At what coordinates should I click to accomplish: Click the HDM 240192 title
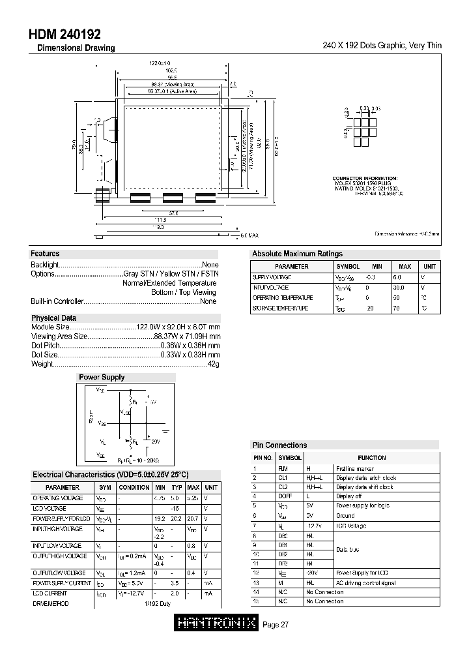coord(64,35)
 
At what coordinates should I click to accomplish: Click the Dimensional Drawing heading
coord(76,48)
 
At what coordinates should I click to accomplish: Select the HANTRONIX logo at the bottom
coord(217,623)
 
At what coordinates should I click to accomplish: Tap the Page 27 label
coord(276,625)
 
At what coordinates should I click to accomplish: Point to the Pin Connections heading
coord(279,445)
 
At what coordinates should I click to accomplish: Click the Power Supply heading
coord(102,377)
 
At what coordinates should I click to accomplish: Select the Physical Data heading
coord(54,318)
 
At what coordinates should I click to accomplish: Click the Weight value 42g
coord(212,364)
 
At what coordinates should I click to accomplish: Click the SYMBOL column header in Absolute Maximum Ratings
coord(348,267)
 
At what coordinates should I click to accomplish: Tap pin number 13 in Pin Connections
coord(256,583)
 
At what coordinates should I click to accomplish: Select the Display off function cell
coord(348,496)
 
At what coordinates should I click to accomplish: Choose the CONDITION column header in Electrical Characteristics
coord(134,487)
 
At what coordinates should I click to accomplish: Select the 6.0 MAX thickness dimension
coord(249,235)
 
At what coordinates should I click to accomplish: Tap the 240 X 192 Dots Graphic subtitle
coord(382,46)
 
